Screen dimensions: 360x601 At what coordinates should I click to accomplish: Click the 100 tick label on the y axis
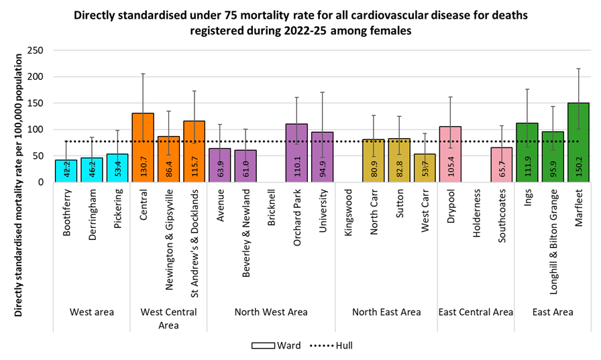pyautogui.click(x=35, y=129)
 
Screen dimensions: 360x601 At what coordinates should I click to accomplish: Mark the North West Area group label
pyautogui.click(x=271, y=312)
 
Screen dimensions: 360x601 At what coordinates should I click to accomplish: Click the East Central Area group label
pyautogui.click(x=476, y=312)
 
